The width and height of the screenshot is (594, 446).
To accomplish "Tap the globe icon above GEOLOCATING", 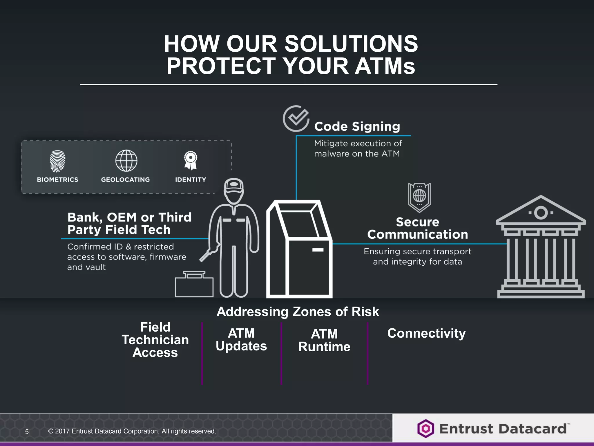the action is click(126, 161).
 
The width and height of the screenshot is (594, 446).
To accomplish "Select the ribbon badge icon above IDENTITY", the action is click(191, 160).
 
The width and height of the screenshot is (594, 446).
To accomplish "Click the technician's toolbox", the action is click(194, 285).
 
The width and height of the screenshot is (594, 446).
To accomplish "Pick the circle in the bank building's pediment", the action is click(541, 213).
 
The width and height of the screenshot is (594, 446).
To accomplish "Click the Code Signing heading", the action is click(357, 127).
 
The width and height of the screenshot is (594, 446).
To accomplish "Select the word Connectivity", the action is click(426, 333).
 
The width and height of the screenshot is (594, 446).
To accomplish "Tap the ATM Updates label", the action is click(241, 340).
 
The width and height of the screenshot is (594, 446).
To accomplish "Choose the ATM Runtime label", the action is click(324, 340).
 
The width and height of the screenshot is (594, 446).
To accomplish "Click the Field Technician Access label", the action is click(155, 340).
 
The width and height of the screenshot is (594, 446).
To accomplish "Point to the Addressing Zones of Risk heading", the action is click(298, 312).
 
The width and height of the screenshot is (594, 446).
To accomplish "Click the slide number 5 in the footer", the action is click(27, 432).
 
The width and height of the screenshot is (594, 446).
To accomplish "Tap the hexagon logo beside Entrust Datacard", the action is click(425, 429).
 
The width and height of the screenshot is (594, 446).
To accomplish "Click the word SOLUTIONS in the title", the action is click(351, 44).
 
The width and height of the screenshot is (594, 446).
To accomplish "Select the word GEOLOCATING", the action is click(125, 180).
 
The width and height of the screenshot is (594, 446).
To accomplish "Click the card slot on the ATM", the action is click(318, 250).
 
